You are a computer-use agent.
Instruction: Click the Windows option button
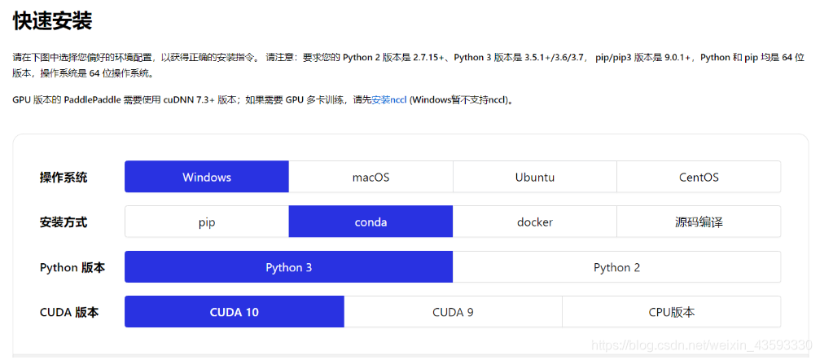(x=207, y=177)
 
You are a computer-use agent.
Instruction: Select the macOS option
(x=371, y=177)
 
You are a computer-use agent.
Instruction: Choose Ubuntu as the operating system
(x=535, y=177)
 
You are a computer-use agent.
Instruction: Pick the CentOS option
(x=699, y=177)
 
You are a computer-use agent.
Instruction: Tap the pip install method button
(x=207, y=222)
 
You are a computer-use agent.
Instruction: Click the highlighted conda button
(x=371, y=222)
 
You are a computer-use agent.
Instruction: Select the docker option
(x=535, y=222)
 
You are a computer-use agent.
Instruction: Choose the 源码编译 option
(x=699, y=222)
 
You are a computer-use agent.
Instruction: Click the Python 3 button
(x=288, y=267)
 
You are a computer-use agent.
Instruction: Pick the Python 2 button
(x=616, y=267)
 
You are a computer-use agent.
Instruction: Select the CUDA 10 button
(x=235, y=312)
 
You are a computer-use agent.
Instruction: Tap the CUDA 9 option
(x=453, y=312)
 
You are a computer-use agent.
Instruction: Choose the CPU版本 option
(x=671, y=312)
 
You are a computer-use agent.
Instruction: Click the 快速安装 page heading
(x=52, y=21)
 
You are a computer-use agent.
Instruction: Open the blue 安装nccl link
(x=389, y=99)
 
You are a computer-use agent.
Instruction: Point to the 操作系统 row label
(x=64, y=178)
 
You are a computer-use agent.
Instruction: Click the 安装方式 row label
(x=64, y=222)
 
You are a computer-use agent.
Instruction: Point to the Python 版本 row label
(x=72, y=267)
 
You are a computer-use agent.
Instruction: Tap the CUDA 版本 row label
(x=69, y=312)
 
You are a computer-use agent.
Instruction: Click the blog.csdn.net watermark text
(x=700, y=345)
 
